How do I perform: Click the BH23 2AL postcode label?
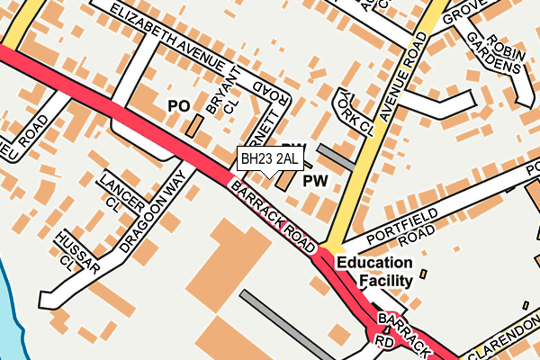coord(267,159)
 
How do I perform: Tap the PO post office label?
coord(178,106)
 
